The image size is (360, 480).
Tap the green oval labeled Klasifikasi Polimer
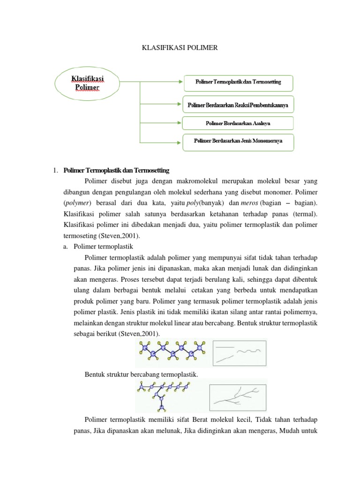click(x=88, y=82)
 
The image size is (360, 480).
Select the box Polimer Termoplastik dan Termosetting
click(x=238, y=82)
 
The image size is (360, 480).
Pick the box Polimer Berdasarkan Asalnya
click(x=238, y=123)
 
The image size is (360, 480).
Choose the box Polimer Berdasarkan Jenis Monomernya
click(x=238, y=141)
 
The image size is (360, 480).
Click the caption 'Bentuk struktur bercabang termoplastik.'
click(x=142, y=374)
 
